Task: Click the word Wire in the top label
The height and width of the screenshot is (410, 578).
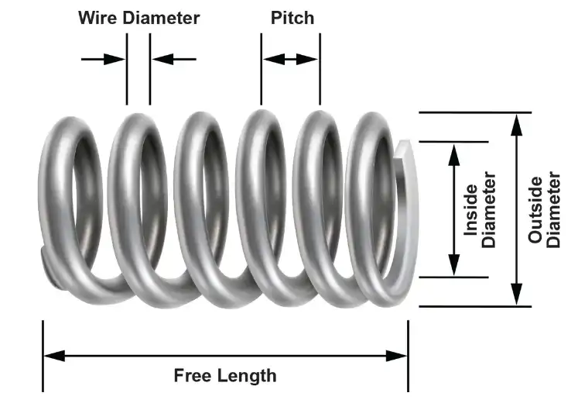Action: click(97, 18)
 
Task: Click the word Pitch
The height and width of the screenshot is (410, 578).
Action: click(292, 18)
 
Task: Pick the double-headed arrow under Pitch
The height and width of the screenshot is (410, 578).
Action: click(290, 59)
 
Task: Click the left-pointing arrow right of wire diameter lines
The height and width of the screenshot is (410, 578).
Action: click(173, 59)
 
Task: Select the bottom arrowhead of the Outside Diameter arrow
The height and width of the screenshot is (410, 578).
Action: click(515, 295)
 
